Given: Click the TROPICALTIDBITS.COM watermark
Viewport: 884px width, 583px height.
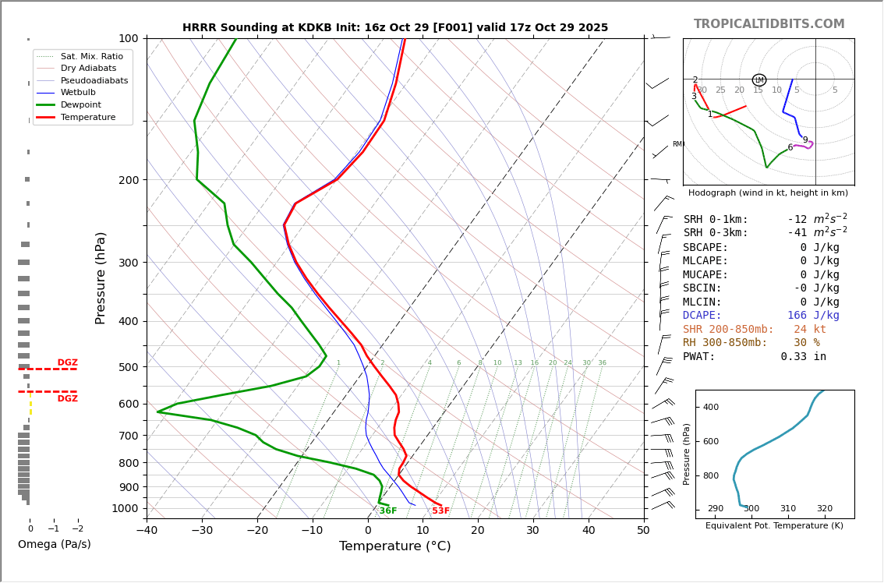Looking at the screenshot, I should pos(769,24).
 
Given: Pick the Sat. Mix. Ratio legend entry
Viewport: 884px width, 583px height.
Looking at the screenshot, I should pos(91,56).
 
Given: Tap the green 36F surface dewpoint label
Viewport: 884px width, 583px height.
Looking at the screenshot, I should pos(387,511).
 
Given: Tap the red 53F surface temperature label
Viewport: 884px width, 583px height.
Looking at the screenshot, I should pos(440,511).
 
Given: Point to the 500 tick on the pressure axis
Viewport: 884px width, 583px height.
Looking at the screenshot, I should pos(128,367).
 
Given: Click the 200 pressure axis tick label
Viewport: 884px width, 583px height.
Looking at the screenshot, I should pos(128,180).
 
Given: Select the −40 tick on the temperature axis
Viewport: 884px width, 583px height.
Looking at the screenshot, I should pos(147,531).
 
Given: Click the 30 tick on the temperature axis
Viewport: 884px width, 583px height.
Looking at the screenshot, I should pos(532,531).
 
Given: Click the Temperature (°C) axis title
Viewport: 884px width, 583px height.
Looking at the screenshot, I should pos(394,546).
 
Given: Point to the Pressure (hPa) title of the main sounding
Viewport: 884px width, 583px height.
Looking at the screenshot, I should pos(101,277).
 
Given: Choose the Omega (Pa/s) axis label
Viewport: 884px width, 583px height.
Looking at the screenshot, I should pos(54,544).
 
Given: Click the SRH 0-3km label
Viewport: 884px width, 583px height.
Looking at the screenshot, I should pos(716,233).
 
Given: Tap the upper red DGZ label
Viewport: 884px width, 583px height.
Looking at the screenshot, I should pos(67,362).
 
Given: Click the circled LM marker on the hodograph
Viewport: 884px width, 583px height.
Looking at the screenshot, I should pos(758,80).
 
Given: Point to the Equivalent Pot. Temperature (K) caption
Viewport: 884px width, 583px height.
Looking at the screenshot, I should pos(774,525).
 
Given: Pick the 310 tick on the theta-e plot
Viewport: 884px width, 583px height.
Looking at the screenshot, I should pos(787,509).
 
